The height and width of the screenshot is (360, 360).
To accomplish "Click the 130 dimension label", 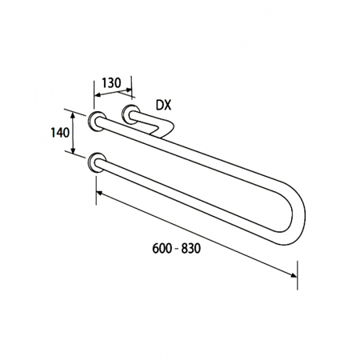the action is (x=111, y=83).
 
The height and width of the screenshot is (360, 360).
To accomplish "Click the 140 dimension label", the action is (x=60, y=133).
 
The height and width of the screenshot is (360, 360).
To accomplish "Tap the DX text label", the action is (x=163, y=106).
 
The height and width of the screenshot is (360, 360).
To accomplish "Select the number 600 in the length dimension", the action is (x=162, y=249).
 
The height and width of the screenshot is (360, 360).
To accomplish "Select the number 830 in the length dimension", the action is (x=191, y=249).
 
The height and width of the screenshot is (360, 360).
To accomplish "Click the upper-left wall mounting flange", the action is (x=97, y=122).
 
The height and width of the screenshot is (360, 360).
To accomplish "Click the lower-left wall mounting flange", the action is (x=97, y=162).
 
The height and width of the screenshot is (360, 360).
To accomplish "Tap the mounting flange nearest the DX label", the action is (x=130, y=114).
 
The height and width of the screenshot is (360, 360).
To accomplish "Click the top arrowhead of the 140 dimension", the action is (x=73, y=114).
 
